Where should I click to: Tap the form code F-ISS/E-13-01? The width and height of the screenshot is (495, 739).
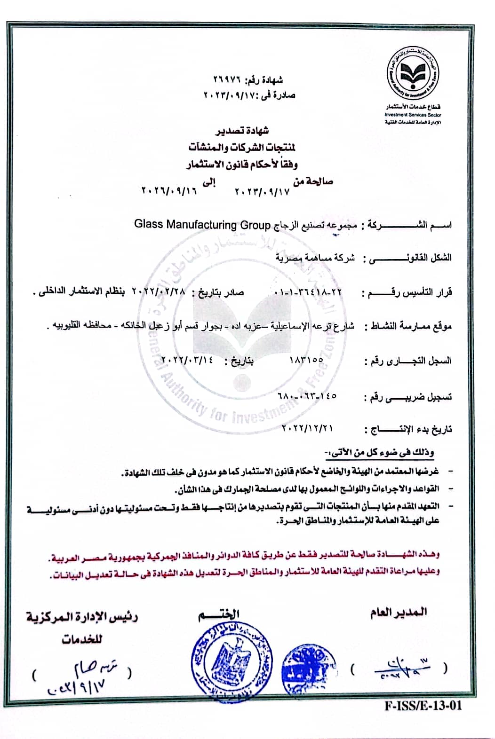tap(423, 706)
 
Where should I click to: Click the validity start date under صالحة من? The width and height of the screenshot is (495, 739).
tap(262, 192)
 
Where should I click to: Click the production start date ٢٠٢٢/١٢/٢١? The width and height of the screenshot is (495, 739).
tap(307, 428)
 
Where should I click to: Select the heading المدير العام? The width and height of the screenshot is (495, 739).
tap(399, 612)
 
